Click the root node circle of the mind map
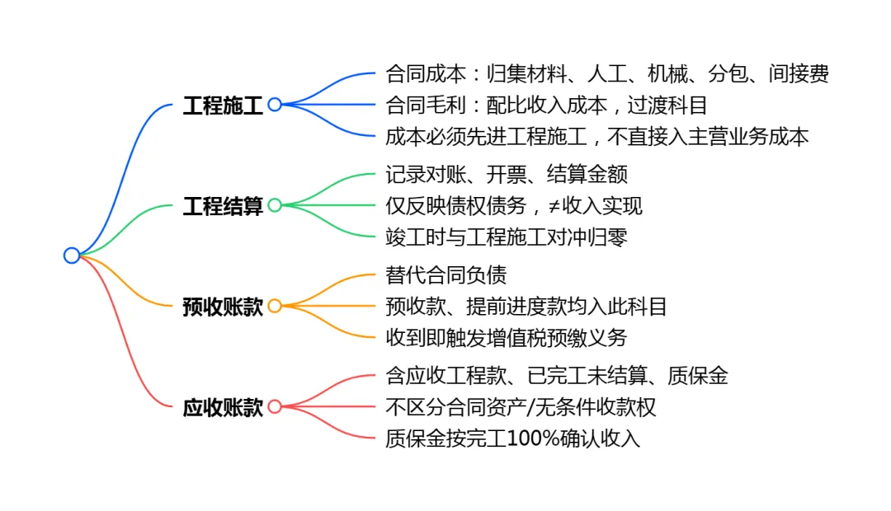tap(72, 255)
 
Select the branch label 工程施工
tap(223, 105)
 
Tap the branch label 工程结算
tap(223, 206)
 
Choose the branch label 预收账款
tap(223, 307)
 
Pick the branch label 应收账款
tap(223, 407)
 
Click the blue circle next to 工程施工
tap(275, 105)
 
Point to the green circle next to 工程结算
tap(275, 205)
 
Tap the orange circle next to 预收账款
tap(275, 306)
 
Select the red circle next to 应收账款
tap(275, 406)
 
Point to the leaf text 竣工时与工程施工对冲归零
tap(507, 237)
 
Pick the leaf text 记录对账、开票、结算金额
tap(507, 175)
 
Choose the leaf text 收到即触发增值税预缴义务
tap(507, 338)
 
